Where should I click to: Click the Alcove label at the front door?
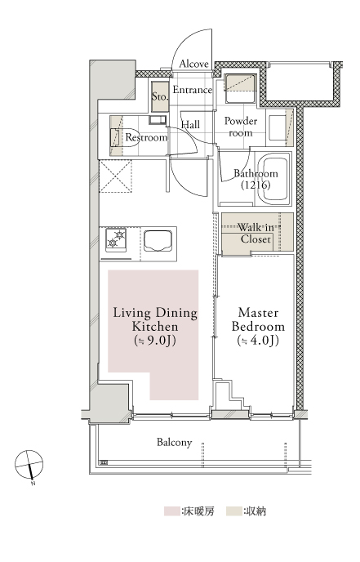[x=193, y=65]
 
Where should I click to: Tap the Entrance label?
[x=193, y=90]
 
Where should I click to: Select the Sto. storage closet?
[x=159, y=96]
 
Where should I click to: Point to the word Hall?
[x=190, y=125]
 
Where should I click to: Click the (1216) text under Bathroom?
[x=256, y=185]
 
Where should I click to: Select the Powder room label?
[x=241, y=127]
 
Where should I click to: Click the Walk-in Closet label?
[x=256, y=234]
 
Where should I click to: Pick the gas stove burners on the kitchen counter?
[x=116, y=239]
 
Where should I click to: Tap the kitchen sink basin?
[x=158, y=241]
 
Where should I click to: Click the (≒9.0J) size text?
[x=155, y=341]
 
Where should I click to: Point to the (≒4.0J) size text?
[x=258, y=341]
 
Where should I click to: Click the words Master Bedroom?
[x=258, y=319]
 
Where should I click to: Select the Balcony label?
[x=175, y=443]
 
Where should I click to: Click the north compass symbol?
[x=29, y=465]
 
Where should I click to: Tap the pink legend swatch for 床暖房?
[x=171, y=511]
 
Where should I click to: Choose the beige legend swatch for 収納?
[x=233, y=511]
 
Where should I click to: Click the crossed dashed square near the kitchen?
[x=115, y=176]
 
